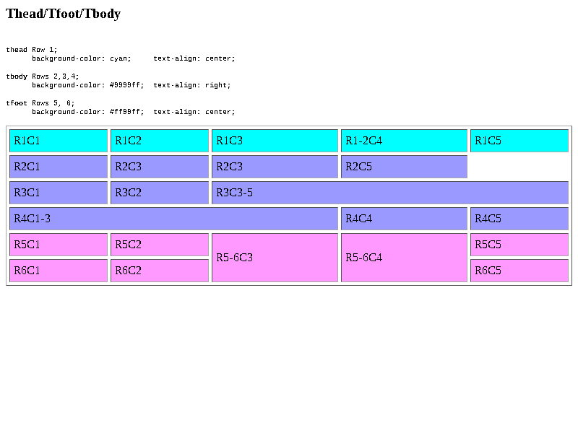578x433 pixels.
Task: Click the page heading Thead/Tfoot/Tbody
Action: [x=63, y=14]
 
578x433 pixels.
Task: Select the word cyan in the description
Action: [x=118, y=58]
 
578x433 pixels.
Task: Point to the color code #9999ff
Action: [x=125, y=85]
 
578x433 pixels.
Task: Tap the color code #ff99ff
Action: [x=125, y=112]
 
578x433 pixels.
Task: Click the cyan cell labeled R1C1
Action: [x=59, y=141]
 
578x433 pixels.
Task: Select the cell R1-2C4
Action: [x=404, y=141]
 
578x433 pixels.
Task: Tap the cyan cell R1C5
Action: [x=519, y=141]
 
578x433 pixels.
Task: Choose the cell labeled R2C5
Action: [x=404, y=167]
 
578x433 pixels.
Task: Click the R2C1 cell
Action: [x=59, y=167]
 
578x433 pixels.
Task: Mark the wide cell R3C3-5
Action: [x=390, y=193]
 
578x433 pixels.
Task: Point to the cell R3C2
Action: [x=160, y=193]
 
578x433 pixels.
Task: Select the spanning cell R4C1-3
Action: [x=173, y=219]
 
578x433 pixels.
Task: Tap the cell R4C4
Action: [x=404, y=219]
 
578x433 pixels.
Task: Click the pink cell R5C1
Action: [x=59, y=245]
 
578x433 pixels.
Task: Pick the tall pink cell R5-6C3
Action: [x=275, y=258]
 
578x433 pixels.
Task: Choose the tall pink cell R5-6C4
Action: [x=404, y=258]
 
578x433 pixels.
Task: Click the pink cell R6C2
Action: [x=160, y=271]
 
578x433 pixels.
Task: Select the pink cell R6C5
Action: [x=519, y=271]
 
